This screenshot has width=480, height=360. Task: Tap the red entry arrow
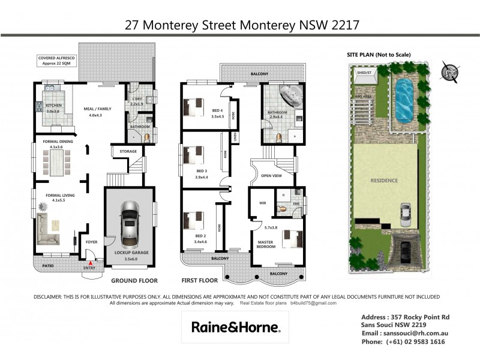91,262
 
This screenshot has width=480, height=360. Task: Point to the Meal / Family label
96,112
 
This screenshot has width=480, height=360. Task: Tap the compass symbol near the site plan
449,72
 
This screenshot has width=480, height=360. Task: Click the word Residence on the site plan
383,180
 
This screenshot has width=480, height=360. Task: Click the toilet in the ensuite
282,209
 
